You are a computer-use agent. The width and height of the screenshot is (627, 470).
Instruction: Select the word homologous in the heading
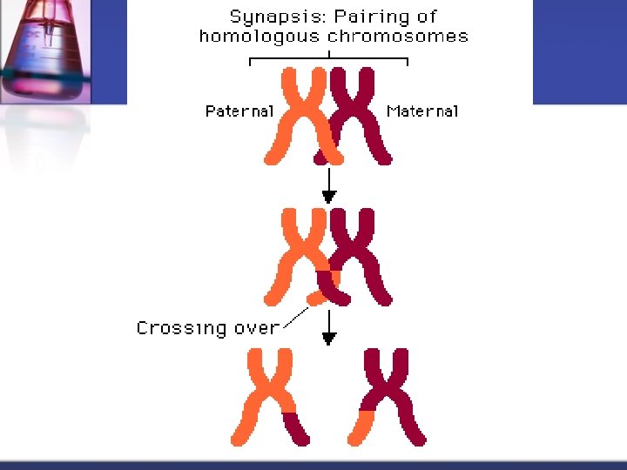[260, 37]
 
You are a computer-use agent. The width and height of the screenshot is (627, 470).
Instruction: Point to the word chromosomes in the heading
[398, 37]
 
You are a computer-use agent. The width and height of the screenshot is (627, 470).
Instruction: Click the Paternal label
[239, 111]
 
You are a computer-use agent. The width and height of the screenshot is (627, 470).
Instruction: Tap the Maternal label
[422, 111]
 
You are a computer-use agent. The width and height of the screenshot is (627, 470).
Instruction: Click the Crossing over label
[207, 328]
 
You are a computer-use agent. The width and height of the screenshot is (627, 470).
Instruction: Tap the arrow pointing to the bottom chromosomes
[328, 330]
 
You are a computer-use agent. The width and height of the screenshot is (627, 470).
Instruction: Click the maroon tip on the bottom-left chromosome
[296, 428]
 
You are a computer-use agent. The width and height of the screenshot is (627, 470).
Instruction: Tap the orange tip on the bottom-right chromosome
[361, 427]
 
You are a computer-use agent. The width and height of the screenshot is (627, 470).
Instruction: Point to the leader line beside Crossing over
[296, 318]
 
